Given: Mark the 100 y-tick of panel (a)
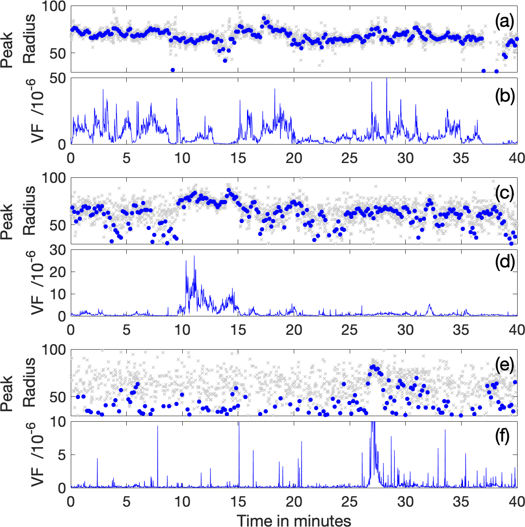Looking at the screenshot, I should (x=55, y=7).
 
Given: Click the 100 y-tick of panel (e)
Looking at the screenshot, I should (x=55, y=350).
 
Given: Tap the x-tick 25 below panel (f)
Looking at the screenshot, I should (x=350, y=502).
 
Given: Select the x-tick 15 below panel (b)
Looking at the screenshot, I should (x=238, y=158).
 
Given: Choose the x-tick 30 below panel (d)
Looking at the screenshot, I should (x=406, y=330).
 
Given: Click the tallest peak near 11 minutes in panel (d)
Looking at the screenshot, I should (x=194, y=256).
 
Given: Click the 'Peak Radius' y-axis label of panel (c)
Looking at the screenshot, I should (x=19, y=212).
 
